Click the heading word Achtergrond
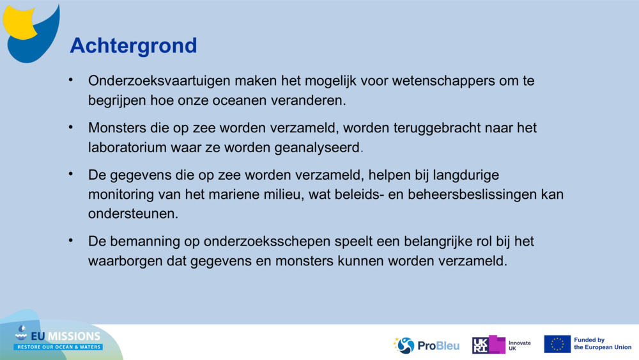point(133,45)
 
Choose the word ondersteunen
point(133,213)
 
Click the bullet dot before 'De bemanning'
point(72,240)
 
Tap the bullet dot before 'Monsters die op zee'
point(72,127)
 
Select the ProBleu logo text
point(438,345)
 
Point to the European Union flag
point(557,344)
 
